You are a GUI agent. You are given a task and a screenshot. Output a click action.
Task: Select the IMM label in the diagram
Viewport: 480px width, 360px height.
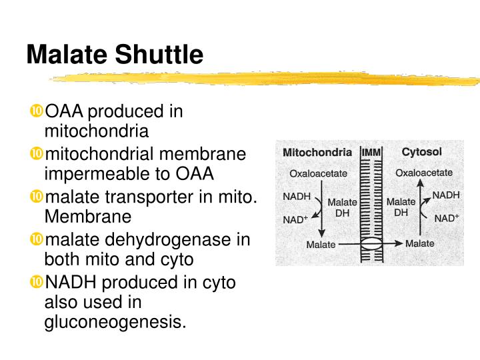pos(371,153)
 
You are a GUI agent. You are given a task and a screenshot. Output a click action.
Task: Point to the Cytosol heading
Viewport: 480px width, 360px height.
pos(421,152)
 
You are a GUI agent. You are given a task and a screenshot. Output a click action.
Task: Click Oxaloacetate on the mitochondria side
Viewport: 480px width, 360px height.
pos(318,173)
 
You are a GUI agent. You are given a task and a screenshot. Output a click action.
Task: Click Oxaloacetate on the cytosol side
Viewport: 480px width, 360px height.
pos(424,173)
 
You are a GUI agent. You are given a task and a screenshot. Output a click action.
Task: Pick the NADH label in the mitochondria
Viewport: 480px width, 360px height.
pos(297,197)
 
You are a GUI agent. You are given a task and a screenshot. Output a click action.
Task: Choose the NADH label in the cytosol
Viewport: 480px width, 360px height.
pos(446,195)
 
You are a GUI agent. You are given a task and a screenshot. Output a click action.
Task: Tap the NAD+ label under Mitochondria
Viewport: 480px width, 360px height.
pos(296,219)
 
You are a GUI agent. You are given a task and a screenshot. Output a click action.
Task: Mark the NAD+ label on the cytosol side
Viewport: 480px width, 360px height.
pos(446,218)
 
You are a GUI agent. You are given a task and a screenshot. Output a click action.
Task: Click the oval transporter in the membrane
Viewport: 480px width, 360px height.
pos(372,244)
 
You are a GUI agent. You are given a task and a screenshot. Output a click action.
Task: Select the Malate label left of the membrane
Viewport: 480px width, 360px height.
pos(321,245)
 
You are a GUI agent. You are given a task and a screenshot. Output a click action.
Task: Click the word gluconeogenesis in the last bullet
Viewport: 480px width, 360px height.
pos(115,322)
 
